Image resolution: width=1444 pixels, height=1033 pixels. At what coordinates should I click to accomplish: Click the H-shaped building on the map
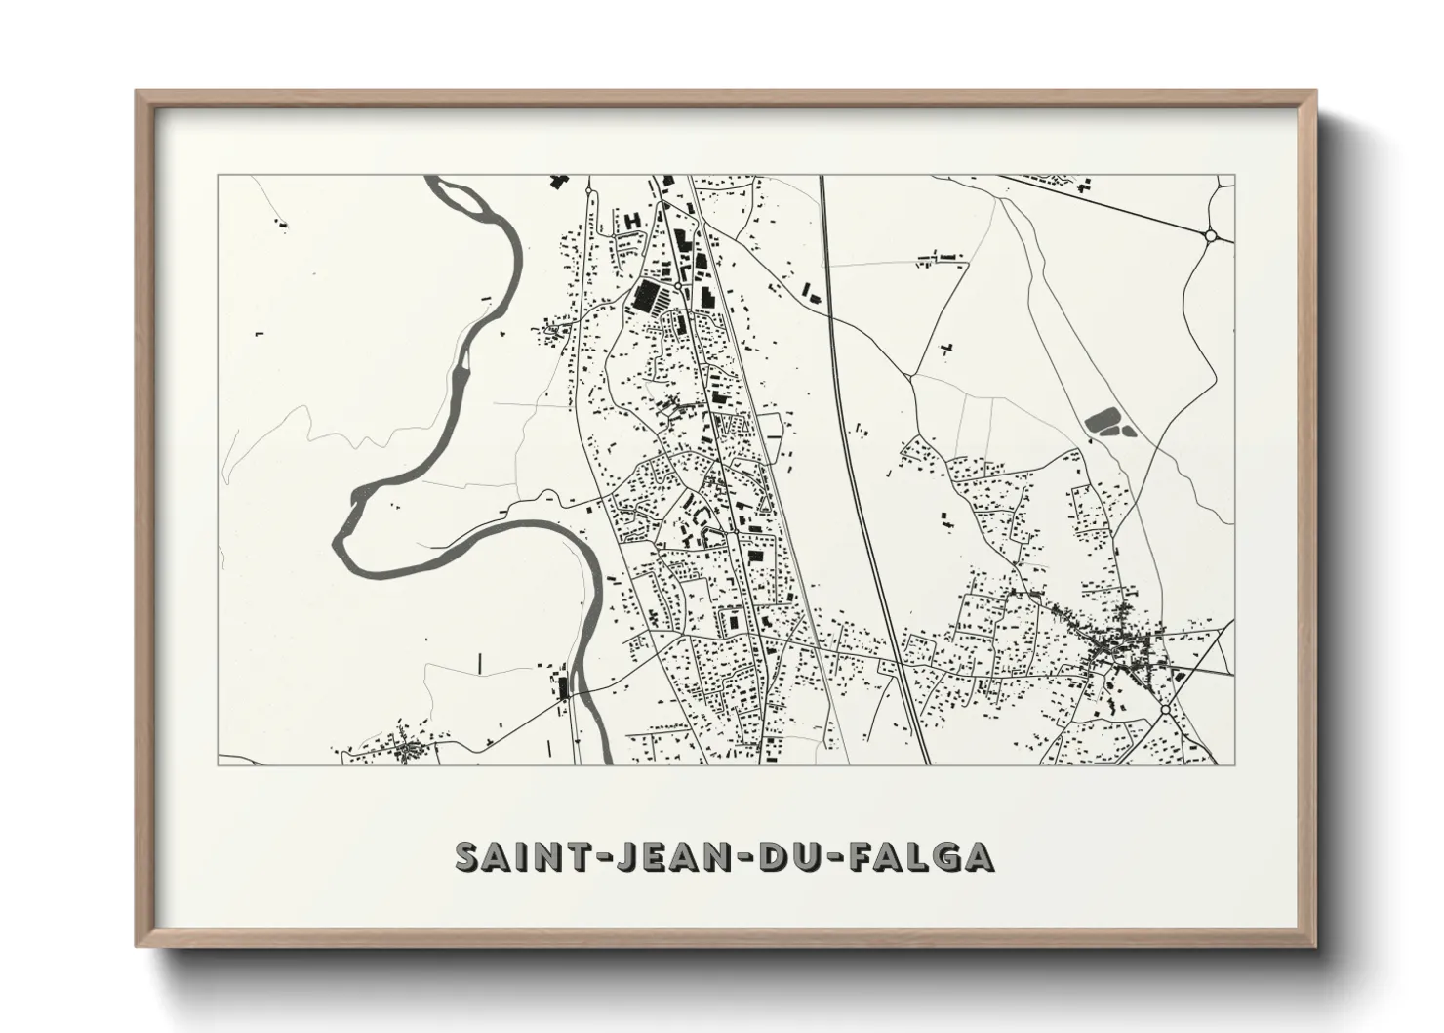(x=632, y=221)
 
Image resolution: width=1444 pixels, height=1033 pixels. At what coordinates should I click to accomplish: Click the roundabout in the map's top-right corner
(x=1211, y=234)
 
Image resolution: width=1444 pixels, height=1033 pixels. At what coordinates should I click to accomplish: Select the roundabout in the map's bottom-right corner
(x=1165, y=708)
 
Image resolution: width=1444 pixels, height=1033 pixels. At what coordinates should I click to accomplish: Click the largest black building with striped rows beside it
(x=646, y=296)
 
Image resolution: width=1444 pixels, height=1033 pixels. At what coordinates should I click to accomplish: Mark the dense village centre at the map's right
(x=1112, y=644)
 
